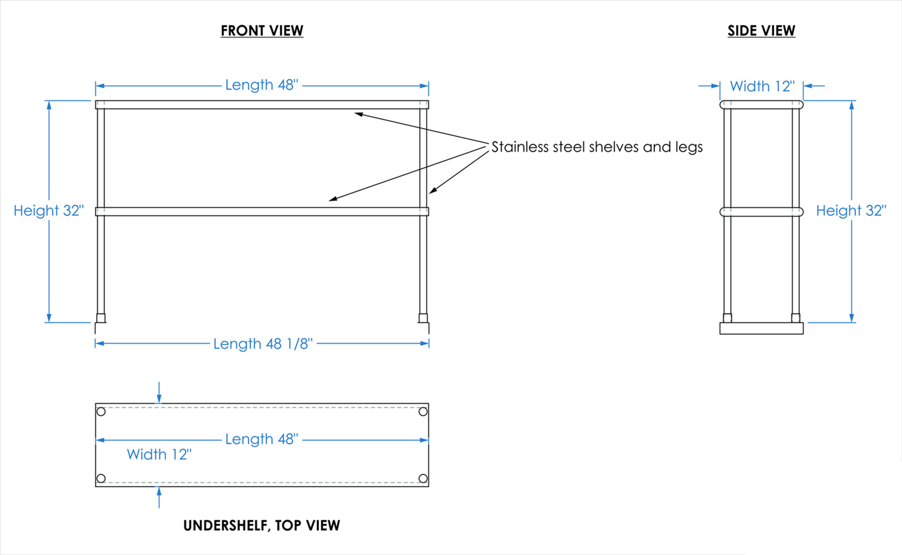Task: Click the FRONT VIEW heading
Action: tap(262, 31)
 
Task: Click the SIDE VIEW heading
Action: tap(761, 31)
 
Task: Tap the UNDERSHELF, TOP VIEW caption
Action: tap(261, 525)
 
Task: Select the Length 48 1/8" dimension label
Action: tap(263, 344)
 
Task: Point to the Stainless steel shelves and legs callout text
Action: tap(597, 147)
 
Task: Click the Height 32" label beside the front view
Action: tap(48, 210)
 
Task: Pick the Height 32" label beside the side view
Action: tap(850, 210)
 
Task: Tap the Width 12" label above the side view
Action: tap(762, 86)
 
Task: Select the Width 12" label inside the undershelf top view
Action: tap(159, 454)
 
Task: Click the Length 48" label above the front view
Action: tap(261, 85)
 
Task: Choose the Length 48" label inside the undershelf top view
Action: tap(261, 439)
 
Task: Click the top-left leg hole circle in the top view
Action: tap(101, 411)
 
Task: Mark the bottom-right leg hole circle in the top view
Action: tap(423, 478)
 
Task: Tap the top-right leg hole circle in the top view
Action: tap(423, 411)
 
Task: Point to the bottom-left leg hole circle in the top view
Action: tap(101, 478)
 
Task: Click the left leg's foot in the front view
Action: tap(100, 318)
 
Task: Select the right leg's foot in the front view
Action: tap(423, 318)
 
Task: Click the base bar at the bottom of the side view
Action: tap(761, 328)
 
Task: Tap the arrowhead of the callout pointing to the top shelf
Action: tap(359, 114)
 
